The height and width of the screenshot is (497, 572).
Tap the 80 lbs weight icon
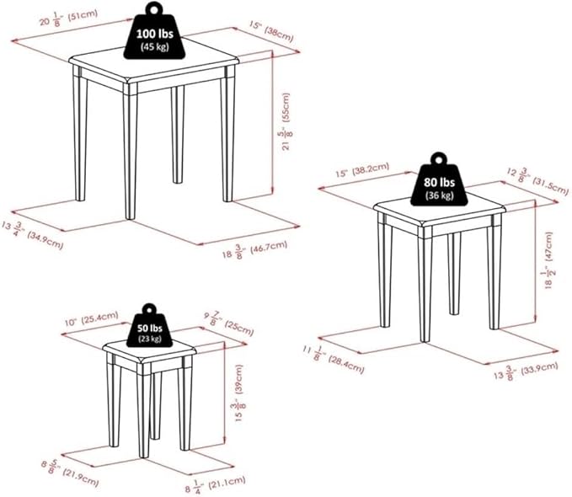tap(439, 180)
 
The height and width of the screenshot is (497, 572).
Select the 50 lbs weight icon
tap(150, 326)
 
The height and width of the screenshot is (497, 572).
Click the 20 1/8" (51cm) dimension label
tap(68, 18)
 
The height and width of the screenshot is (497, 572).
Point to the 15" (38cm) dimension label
tap(272, 31)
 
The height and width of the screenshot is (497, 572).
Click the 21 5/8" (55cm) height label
tap(286, 121)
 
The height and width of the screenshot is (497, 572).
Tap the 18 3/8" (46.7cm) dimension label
tap(254, 249)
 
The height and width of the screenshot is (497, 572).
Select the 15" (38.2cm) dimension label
tap(362, 169)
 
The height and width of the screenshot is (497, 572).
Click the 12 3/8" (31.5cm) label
tap(538, 181)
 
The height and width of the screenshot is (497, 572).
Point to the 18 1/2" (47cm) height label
tap(548, 260)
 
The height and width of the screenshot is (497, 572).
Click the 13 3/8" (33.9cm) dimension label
tap(526, 370)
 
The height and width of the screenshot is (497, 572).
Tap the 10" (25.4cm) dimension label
tap(91, 318)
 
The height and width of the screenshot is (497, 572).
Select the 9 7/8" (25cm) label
tap(228, 323)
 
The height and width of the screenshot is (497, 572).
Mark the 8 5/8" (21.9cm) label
tap(70, 473)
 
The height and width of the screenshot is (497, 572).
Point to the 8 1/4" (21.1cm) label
tap(215, 484)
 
